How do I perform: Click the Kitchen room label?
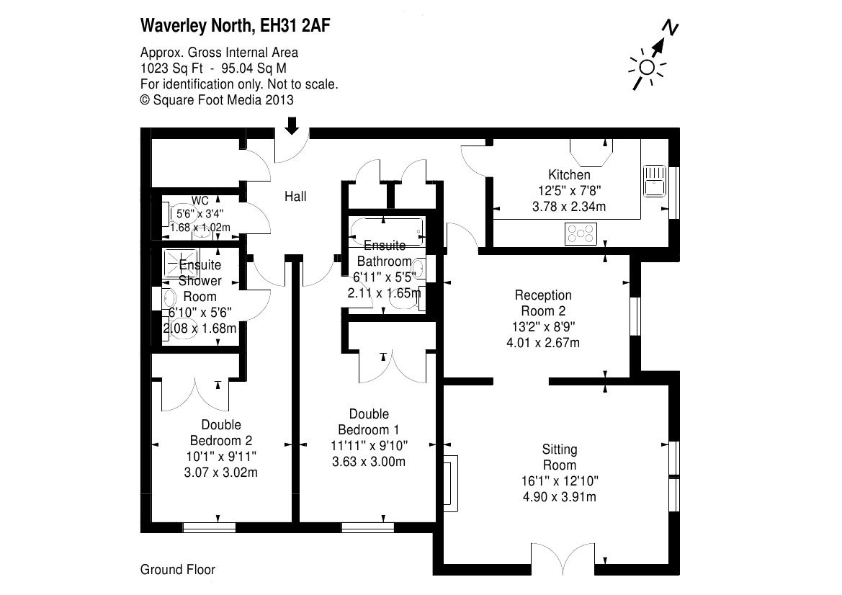pyautogui.click(x=569, y=175)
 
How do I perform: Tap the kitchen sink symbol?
pyautogui.click(x=654, y=179)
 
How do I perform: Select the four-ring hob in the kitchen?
pyautogui.click(x=581, y=234)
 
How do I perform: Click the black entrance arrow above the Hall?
pyautogui.click(x=292, y=125)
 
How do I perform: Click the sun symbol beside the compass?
pyautogui.click(x=646, y=68)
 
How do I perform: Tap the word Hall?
pyautogui.click(x=295, y=196)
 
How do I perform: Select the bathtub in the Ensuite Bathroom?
pyautogui.click(x=386, y=231)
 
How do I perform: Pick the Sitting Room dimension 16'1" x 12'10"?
pyautogui.click(x=560, y=481)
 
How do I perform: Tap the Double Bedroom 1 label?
pyautogui.click(x=369, y=421)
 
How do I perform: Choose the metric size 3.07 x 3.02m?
pyautogui.click(x=220, y=473)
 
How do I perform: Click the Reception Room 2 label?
pyautogui.click(x=543, y=303)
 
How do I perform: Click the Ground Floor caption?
pyautogui.click(x=177, y=570)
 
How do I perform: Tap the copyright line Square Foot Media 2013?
pyautogui.click(x=216, y=100)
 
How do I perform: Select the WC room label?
pyautogui.click(x=200, y=200)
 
